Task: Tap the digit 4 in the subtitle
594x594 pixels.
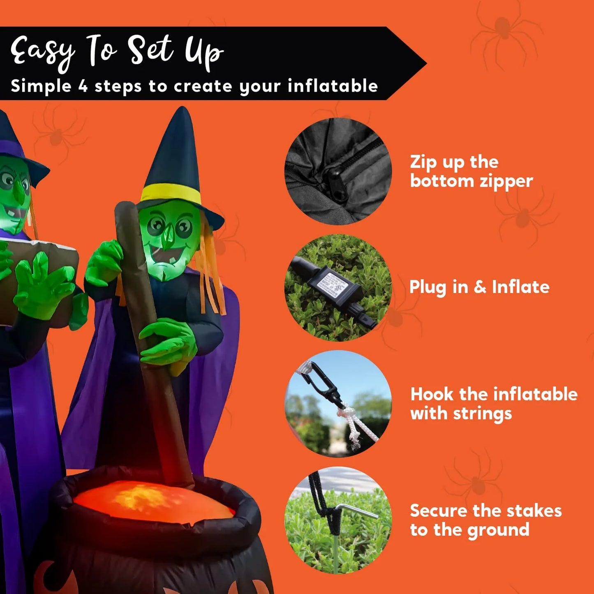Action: click(83, 86)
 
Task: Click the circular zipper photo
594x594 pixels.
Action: click(338, 171)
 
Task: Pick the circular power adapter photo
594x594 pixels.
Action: click(338, 288)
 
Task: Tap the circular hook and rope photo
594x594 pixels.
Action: click(338, 404)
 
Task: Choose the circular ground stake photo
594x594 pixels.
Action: click(338, 520)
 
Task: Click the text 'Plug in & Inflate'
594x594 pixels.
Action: click(479, 287)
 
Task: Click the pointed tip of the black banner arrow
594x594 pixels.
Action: click(425, 64)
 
